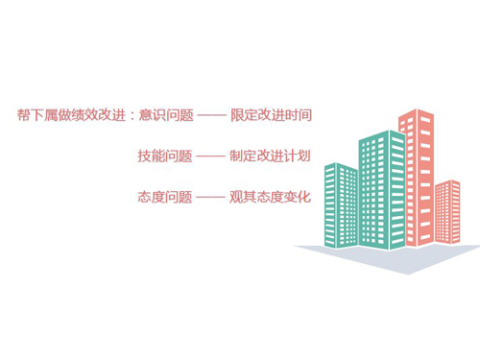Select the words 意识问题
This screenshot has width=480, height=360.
coord(166,115)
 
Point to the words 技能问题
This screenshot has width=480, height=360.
coord(165,156)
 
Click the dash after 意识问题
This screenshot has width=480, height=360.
coord(212,115)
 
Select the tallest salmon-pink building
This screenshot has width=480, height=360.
coord(415,173)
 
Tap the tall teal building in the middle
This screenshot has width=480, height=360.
coord(379,187)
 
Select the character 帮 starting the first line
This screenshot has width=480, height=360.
coord(23,115)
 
